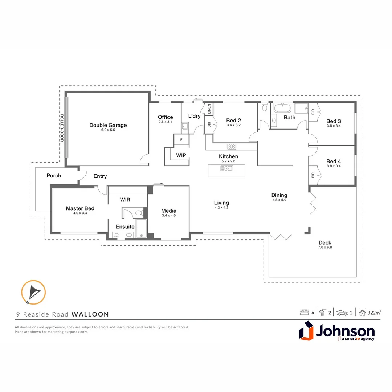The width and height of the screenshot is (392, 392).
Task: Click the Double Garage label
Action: pos(108,125)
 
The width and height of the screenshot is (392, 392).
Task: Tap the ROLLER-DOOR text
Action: pos(62,128)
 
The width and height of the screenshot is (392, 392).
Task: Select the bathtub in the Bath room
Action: pos(282,108)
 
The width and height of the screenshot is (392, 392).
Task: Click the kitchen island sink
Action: pos(226,168)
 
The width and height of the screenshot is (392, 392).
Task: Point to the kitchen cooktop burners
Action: pos(232,147)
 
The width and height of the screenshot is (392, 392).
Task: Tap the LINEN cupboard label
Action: pos(209,109)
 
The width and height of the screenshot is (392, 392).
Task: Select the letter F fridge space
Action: pos(181,139)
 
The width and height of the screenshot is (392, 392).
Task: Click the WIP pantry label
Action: pos(181,155)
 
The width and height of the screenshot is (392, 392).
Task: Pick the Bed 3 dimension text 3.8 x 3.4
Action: pos(334,126)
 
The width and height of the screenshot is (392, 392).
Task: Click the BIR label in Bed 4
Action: pos(313,175)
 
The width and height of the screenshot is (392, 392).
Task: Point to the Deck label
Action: pos(325,242)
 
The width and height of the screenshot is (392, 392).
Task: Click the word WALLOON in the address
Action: pos(90,314)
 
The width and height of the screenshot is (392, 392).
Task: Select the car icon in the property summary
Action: pos(342,313)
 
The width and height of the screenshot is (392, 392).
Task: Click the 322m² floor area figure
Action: pos(374,313)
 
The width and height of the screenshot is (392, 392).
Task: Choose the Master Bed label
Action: pos(80,208)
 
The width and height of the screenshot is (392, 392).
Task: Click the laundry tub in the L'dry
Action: pos(185,126)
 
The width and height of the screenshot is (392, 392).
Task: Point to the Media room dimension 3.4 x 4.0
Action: pos(169,215)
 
